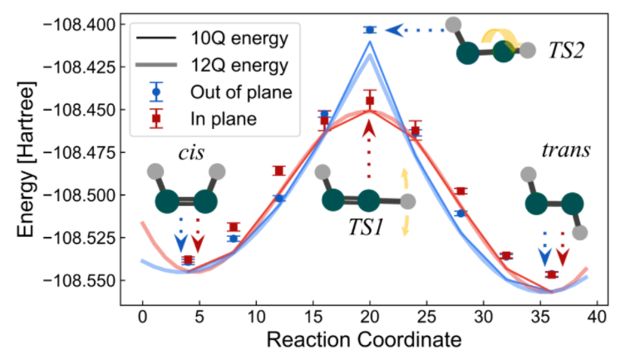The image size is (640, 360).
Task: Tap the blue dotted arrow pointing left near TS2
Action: point(411,30)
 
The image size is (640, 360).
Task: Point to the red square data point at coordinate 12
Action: point(279,170)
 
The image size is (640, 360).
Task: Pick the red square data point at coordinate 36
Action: point(552,274)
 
